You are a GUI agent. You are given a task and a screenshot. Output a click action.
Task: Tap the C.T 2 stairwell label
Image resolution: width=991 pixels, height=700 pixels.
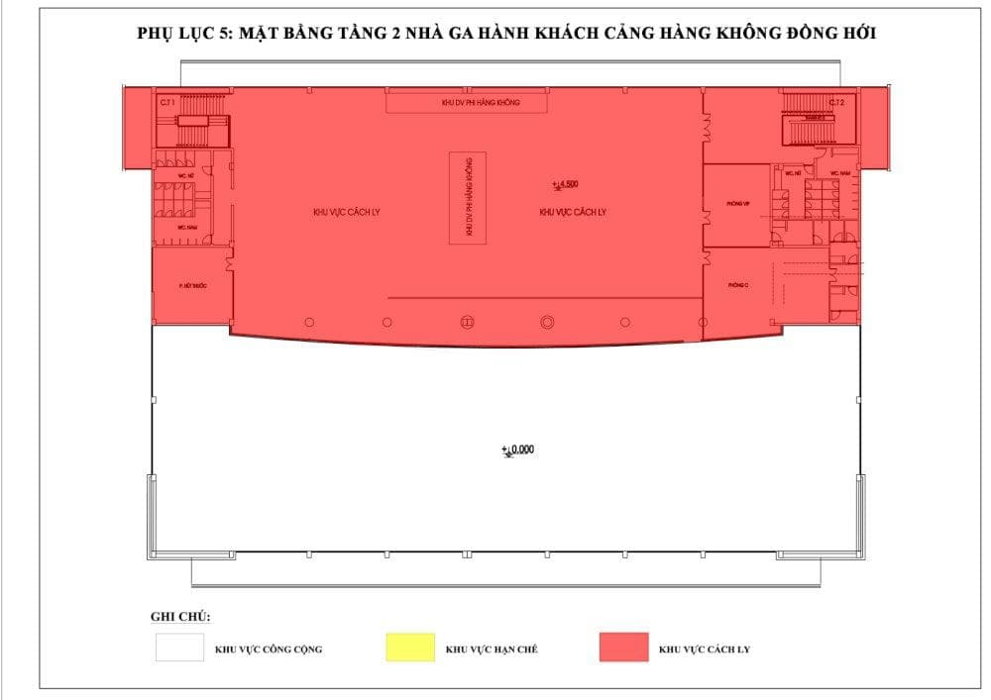[x=837, y=102]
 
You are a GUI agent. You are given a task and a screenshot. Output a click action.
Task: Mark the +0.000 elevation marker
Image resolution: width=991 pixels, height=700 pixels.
[x=518, y=450]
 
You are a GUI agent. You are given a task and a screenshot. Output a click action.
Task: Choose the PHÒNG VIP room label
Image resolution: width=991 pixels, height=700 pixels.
[x=737, y=204]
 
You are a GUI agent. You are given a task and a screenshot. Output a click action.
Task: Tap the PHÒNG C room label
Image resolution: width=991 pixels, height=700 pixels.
[x=736, y=284]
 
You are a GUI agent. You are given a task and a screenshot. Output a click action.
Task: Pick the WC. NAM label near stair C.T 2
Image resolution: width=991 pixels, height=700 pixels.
[x=840, y=173]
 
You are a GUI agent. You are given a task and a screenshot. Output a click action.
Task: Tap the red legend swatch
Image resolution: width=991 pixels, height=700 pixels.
[x=623, y=647]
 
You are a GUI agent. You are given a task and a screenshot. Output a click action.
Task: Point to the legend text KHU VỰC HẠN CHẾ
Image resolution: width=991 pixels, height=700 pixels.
[x=492, y=650]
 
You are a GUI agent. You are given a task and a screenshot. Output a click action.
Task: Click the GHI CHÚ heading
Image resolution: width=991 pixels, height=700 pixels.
[x=180, y=617]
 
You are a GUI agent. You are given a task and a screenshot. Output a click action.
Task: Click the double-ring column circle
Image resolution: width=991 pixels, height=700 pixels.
[x=546, y=322]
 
